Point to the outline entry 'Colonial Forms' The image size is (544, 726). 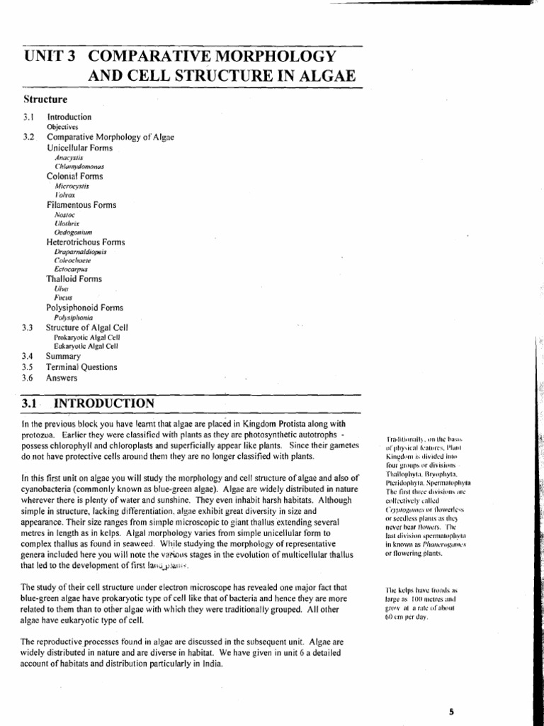coord(74,176)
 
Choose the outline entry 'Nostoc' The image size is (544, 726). coord(64,214)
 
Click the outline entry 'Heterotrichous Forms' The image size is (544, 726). coord(86,242)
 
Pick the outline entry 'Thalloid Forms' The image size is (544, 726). coord(74,279)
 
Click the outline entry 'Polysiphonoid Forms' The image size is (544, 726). coord(84,308)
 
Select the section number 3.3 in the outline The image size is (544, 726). coord(28,328)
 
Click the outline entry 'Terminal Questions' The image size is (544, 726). coord(82,367)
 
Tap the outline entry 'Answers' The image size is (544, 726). coord(62,378)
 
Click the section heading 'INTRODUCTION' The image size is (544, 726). coord(104,403)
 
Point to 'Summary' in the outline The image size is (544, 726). coord(64,357)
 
